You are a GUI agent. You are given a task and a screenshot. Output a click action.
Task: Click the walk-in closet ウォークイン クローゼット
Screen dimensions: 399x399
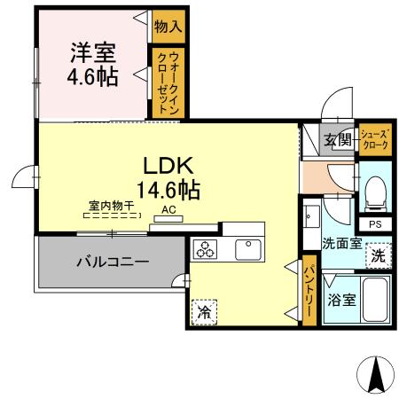[x=166, y=82]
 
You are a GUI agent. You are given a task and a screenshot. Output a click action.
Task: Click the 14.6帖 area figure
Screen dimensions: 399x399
[x=168, y=188]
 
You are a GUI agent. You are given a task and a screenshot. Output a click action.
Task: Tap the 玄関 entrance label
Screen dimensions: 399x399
[x=338, y=140]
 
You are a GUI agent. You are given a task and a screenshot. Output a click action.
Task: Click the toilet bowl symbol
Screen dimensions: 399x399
[x=376, y=190]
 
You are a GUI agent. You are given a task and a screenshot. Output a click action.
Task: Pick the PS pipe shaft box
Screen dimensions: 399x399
[x=375, y=224]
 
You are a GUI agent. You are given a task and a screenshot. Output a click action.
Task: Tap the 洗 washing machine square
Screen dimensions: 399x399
[x=378, y=257]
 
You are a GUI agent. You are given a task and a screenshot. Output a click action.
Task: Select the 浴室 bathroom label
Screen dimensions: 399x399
[x=342, y=300]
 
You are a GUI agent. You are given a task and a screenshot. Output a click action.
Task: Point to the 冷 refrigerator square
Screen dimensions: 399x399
[x=203, y=312]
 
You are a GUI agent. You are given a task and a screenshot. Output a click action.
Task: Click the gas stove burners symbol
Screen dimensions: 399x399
[x=207, y=250]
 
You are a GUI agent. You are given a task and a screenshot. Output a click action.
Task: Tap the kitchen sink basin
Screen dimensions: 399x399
[x=248, y=250]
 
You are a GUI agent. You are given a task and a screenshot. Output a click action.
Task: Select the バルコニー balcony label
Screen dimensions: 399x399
[x=112, y=262]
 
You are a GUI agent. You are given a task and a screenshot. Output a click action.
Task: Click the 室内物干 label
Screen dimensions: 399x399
[x=111, y=206]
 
